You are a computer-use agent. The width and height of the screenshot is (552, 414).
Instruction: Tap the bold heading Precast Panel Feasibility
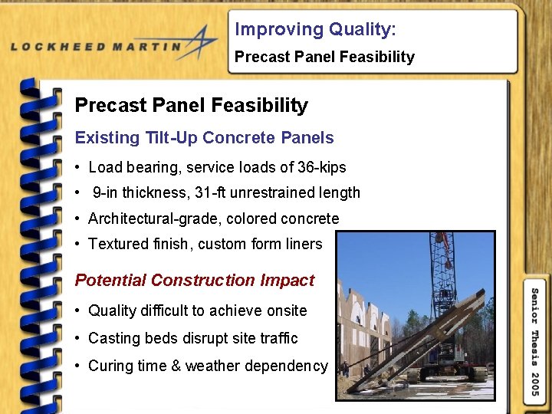(x=191, y=106)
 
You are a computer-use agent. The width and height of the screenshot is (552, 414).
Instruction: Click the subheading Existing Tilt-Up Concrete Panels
(x=204, y=138)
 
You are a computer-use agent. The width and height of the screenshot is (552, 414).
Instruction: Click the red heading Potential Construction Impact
(x=194, y=281)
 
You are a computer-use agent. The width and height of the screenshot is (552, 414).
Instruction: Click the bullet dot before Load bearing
(x=79, y=168)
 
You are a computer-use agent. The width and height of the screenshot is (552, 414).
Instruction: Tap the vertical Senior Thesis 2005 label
(x=535, y=342)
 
